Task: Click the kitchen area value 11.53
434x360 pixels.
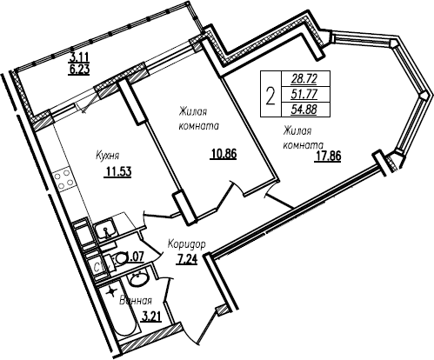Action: point(118,172)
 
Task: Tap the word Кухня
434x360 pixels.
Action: point(108,156)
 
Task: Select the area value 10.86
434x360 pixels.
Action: point(224,154)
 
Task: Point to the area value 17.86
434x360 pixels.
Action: point(328,156)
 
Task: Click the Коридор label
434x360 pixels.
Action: point(187,244)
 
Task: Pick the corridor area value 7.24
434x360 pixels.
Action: point(187,259)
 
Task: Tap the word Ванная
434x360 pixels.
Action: point(136,301)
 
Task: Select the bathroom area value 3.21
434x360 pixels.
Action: point(150,317)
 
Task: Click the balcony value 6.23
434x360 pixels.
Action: point(79,70)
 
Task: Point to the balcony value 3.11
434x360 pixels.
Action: point(79,58)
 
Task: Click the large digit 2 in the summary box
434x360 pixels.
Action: point(270,97)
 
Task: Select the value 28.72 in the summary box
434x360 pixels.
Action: point(305,78)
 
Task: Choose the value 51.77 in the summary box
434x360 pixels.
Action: point(305,94)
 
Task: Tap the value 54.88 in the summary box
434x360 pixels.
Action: point(305,110)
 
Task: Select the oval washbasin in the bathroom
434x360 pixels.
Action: point(137,280)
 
